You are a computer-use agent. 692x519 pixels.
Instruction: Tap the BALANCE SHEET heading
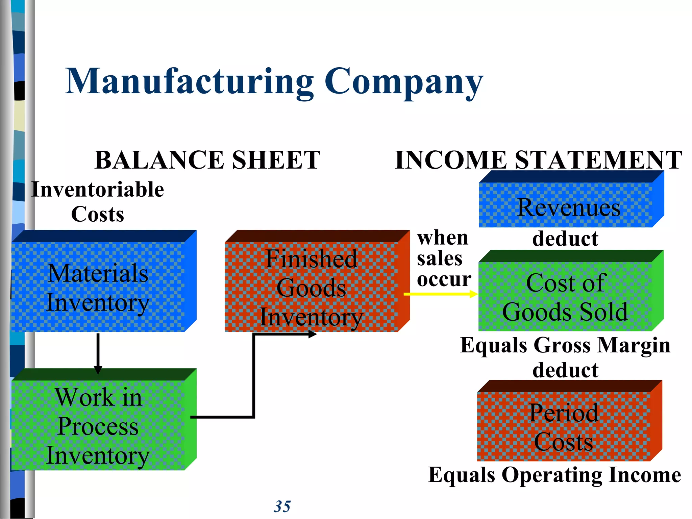click(x=207, y=160)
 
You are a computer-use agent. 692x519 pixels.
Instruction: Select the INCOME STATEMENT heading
click(x=538, y=160)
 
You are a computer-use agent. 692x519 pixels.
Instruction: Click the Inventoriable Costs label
click(x=98, y=202)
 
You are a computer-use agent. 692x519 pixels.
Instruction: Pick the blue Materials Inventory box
click(x=98, y=287)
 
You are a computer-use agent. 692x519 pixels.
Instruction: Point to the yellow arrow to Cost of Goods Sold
click(x=439, y=294)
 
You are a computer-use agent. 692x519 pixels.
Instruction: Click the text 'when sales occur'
click(x=443, y=258)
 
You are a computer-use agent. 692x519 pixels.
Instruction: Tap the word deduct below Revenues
click(x=565, y=239)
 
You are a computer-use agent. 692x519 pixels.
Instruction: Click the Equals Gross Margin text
click(x=565, y=345)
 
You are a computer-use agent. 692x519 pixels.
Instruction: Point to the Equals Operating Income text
click(x=554, y=475)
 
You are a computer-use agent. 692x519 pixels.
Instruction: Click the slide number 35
click(x=282, y=506)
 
